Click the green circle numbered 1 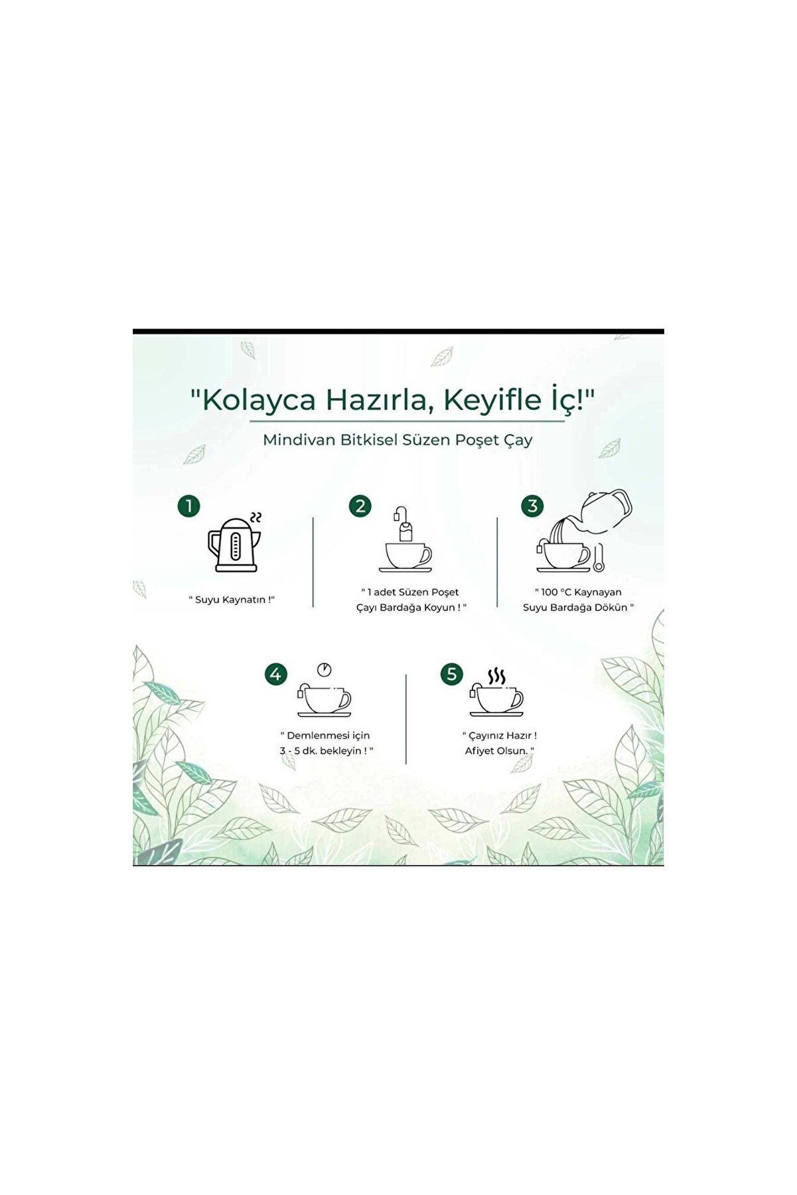coord(188,507)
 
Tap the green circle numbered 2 coord(360,507)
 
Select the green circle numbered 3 coord(532,507)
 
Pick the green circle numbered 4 coord(276,675)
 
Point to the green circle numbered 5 coord(451,675)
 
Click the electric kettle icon coord(233,545)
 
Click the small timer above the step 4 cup coord(324,669)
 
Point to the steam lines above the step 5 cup coord(496,676)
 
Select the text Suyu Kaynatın coord(232,599)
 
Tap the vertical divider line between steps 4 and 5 coord(405,719)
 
